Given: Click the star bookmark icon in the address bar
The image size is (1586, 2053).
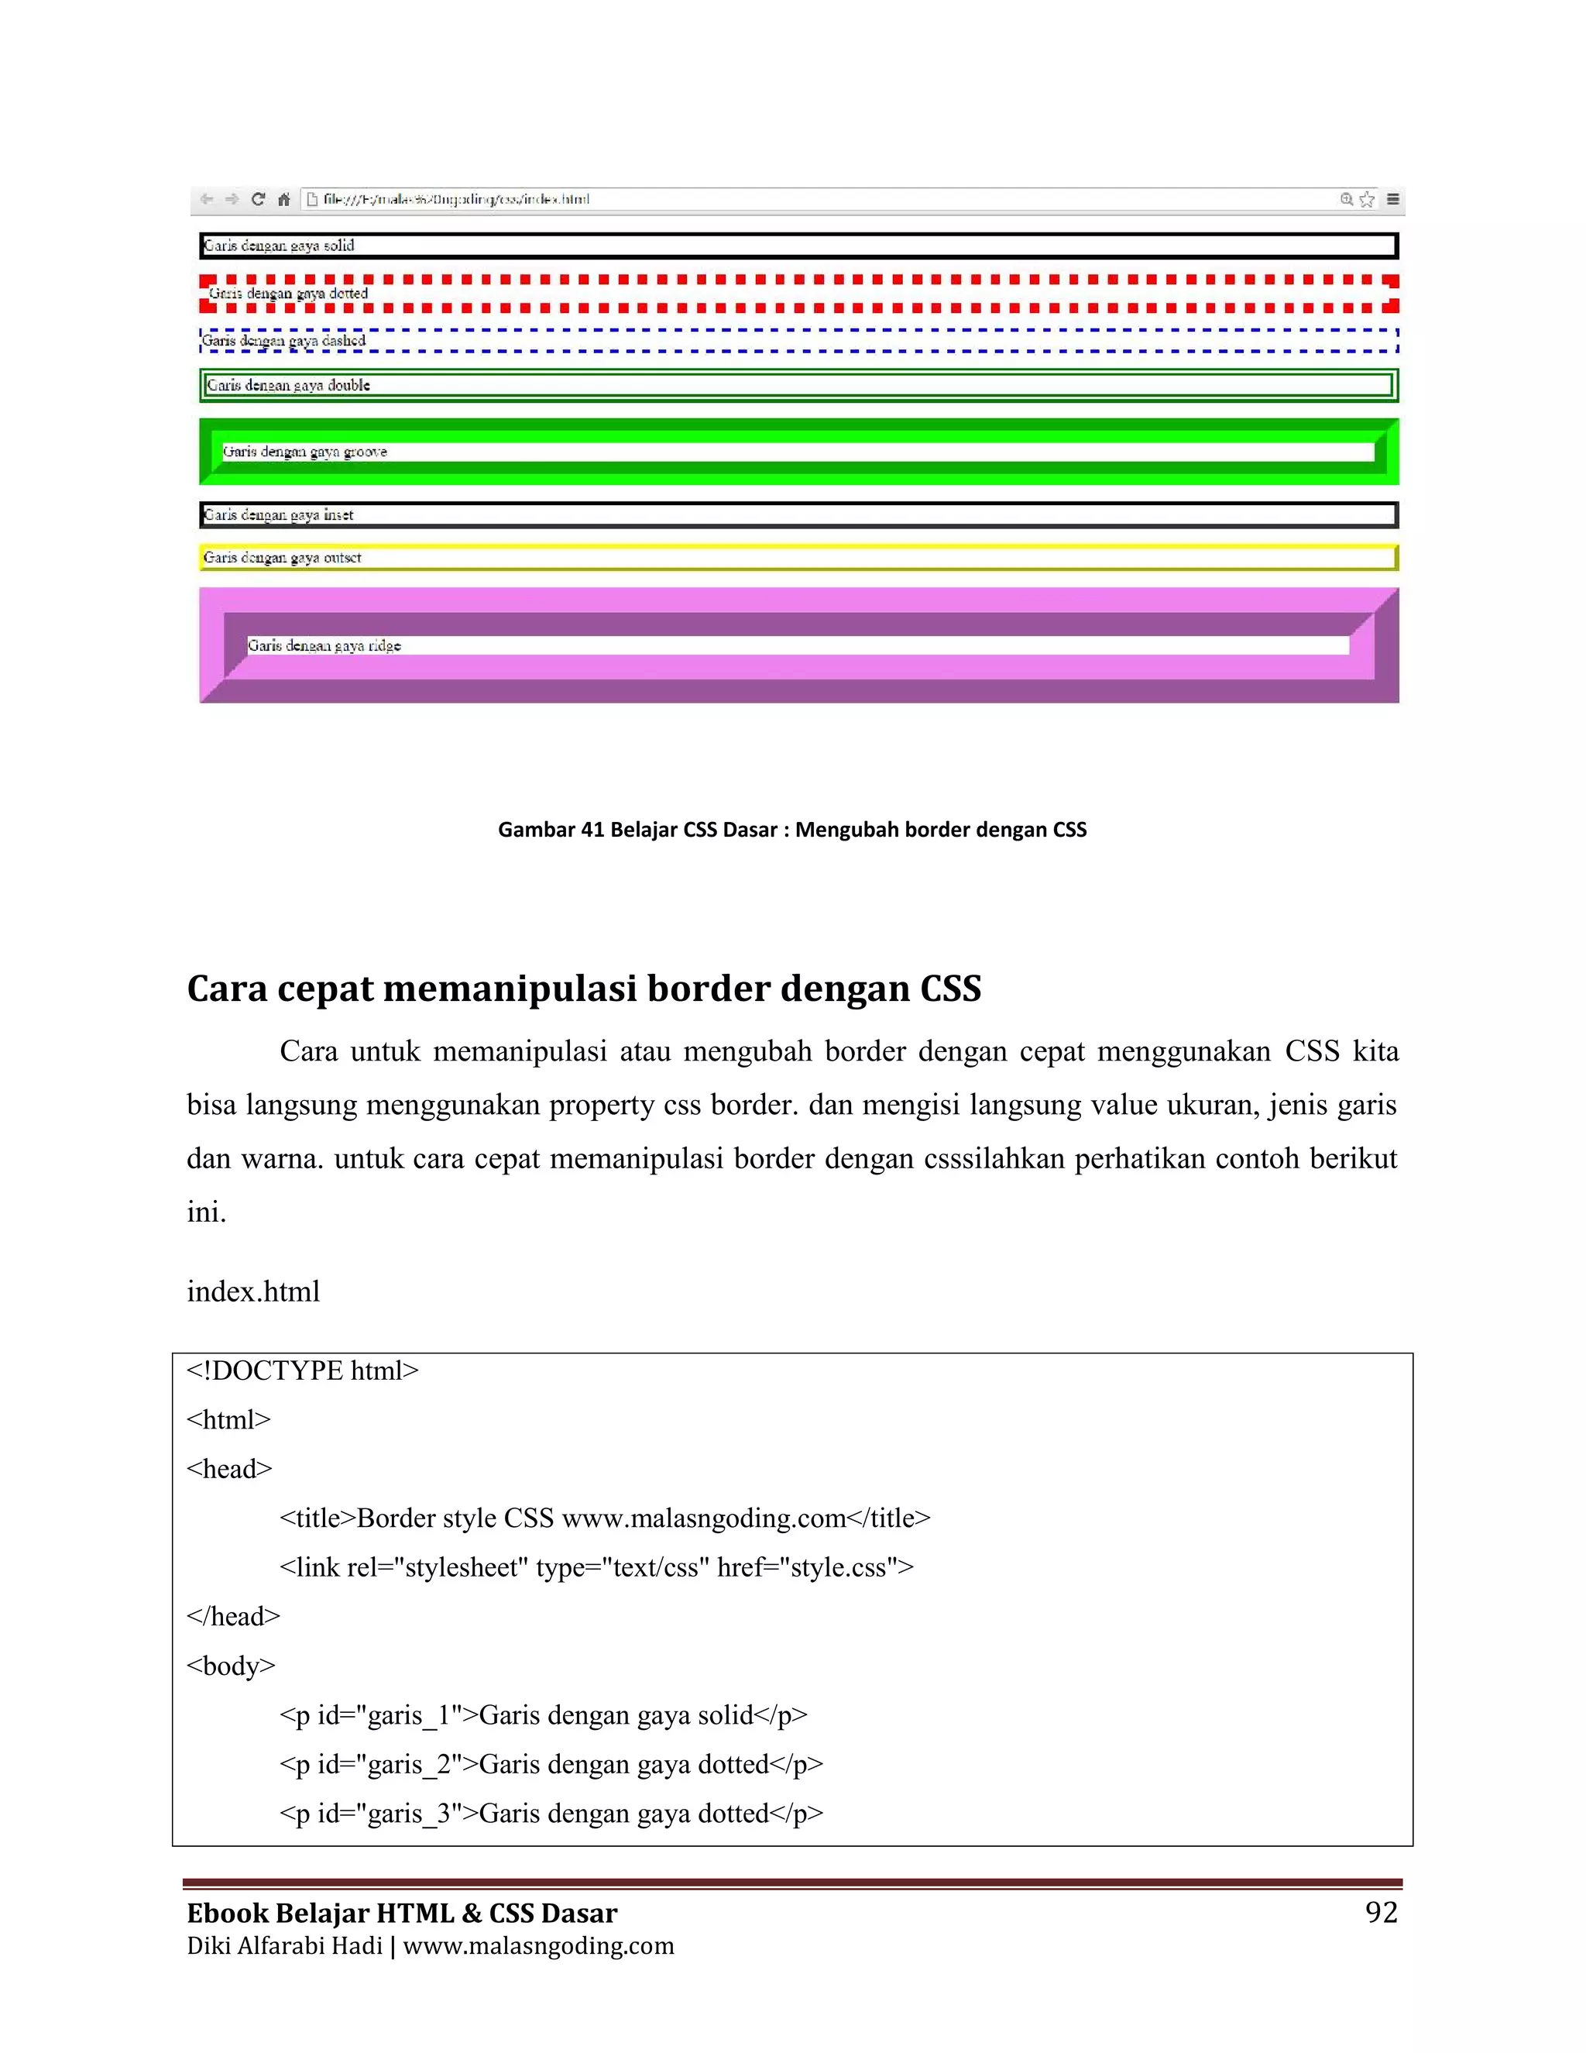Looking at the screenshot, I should (x=1367, y=199).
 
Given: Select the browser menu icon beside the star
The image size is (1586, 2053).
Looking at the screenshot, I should (x=1393, y=199).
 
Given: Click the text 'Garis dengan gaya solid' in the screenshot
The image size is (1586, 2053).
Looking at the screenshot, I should (x=279, y=246).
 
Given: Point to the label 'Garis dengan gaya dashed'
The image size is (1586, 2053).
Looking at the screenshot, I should (x=283, y=341).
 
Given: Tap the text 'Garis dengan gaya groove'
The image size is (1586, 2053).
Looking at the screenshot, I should (x=304, y=452).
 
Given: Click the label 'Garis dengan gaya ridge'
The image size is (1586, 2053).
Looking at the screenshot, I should (x=324, y=646).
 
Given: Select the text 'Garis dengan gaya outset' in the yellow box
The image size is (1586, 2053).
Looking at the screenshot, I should (x=282, y=558).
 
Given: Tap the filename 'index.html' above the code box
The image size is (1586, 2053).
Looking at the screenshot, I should (x=252, y=1291).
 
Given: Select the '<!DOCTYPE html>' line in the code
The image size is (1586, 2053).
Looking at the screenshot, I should (x=303, y=1370).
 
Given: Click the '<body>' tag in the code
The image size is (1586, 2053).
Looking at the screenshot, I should (x=231, y=1666).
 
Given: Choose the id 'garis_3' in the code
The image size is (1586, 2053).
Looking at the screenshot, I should (x=410, y=1814).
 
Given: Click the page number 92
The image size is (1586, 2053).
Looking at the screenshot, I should (x=1382, y=1912).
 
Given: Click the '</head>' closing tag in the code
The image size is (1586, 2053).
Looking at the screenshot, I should (x=233, y=1617).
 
